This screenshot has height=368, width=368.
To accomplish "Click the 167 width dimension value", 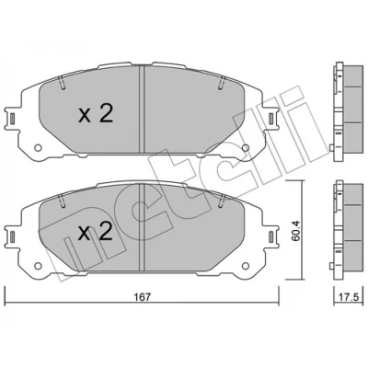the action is [143, 297].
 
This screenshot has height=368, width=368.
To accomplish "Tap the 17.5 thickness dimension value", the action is [350, 297].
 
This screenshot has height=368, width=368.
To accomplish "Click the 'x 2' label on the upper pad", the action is [96, 113].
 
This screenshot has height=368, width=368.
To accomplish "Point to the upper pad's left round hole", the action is [38, 148].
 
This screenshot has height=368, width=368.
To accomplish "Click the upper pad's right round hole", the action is [246, 148].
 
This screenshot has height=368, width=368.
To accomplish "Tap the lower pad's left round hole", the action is [38, 266].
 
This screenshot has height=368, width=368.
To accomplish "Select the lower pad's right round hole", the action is [246, 266].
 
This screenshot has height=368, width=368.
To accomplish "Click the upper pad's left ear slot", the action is [12, 118].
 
